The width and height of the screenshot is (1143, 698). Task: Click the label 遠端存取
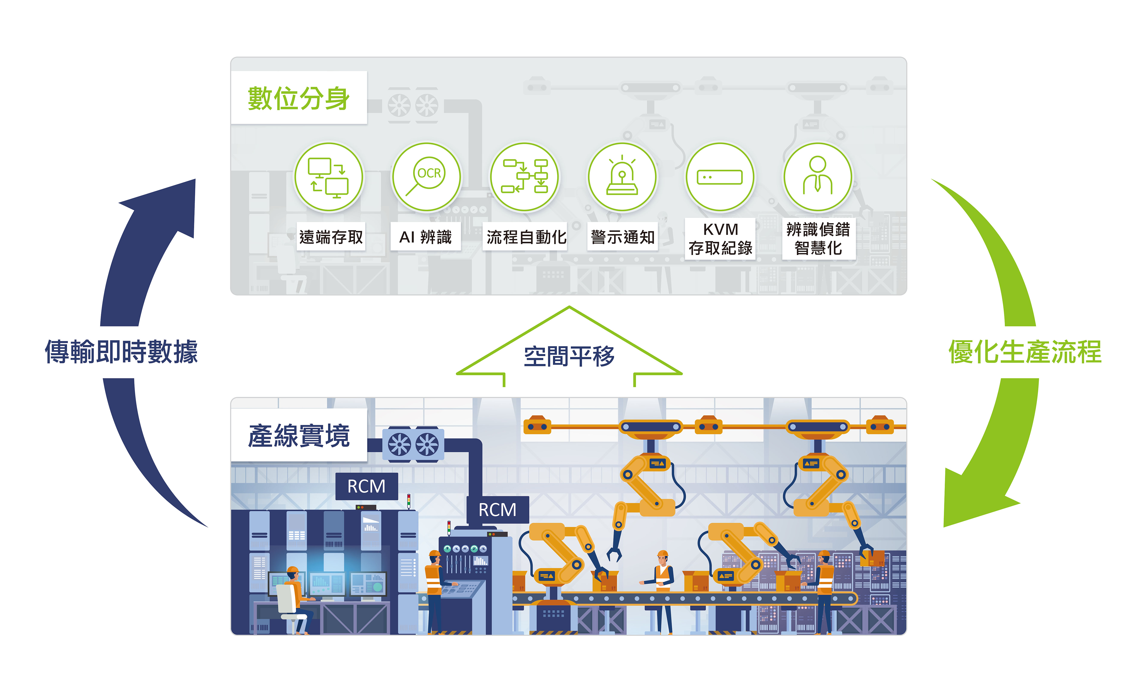331,237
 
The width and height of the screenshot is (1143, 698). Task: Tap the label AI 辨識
425,237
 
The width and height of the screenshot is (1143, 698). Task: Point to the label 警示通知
622,237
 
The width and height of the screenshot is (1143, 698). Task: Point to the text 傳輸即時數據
121,352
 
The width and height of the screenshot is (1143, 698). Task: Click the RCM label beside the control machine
497,510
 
